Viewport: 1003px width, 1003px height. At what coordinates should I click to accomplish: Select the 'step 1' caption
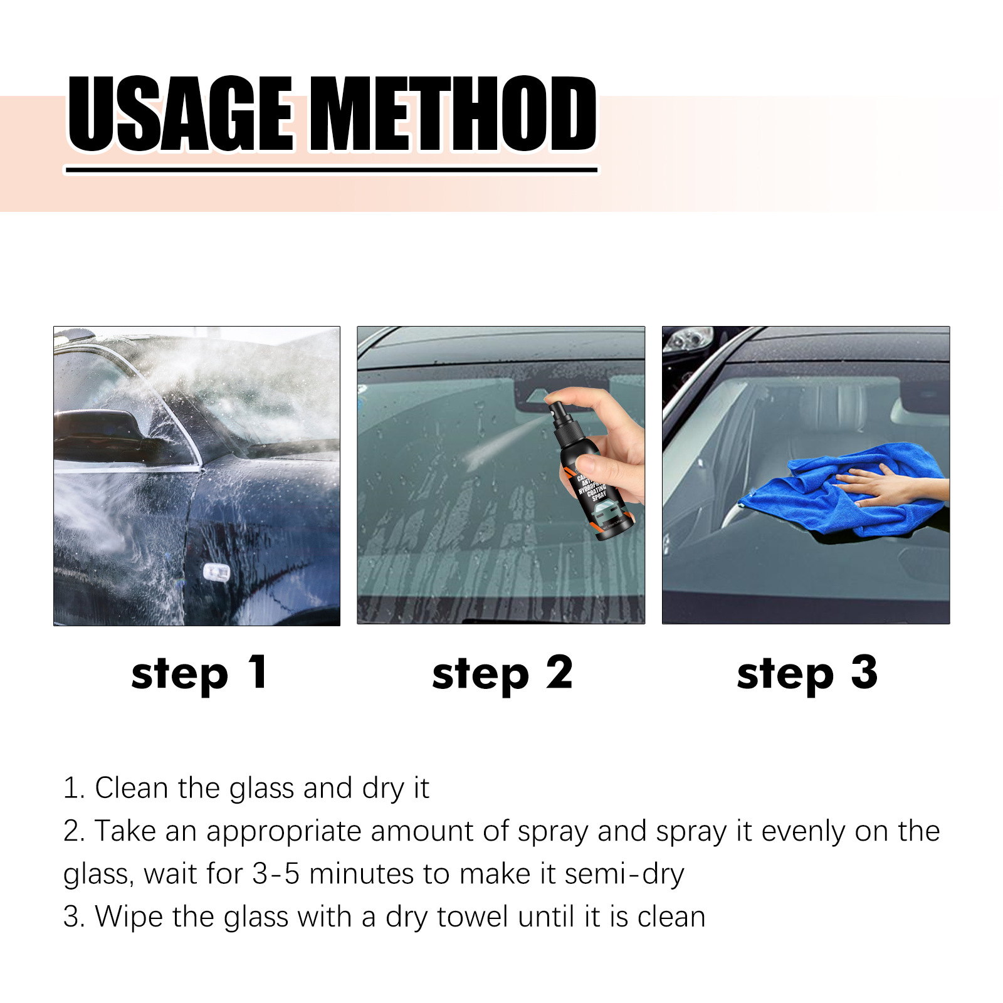tap(199, 674)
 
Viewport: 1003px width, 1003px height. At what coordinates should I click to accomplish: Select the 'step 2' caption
tap(502, 674)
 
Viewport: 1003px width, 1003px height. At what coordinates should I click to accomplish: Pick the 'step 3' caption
tap(807, 674)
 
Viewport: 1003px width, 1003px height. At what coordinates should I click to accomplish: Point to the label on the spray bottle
tap(596, 495)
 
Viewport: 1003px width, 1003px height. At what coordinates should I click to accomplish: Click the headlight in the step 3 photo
tap(688, 340)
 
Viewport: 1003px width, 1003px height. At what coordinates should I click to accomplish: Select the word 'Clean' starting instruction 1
tap(131, 788)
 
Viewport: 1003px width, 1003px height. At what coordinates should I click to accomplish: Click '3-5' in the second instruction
tap(275, 874)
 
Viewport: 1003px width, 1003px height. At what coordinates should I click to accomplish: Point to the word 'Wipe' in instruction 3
tap(129, 916)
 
